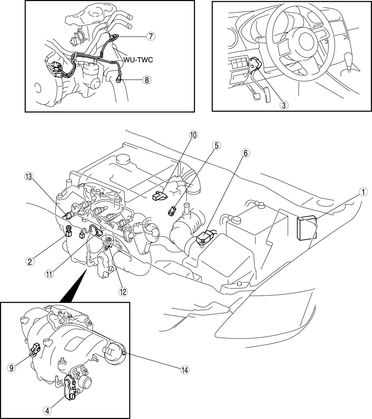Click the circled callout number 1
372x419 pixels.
pyautogui.click(x=363, y=192)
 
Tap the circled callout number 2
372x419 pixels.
pyautogui.click(x=30, y=262)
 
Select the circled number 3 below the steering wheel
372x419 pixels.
pyautogui.click(x=284, y=105)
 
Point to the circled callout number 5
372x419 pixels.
pyautogui.click(x=216, y=146)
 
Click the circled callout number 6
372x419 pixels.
pyautogui.click(x=245, y=153)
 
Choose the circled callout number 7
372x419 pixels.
pyautogui.click(x=151, y=36)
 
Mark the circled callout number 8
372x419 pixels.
pyautogui.click(x=147, y=80)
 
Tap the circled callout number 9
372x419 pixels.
pyautogui.click(x=12, y=368)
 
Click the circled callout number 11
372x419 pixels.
pyautogui.click(x=49, y=274)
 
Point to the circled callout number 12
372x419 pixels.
pyautogui.click(x=123, y=292)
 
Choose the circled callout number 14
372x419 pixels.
pyautogui.click(x=185, y=370)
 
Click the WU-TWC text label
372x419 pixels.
pyautogui.click(x=138, y=60)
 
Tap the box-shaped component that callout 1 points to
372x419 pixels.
pyautogui.click(x=307, y=228)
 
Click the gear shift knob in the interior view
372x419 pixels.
pyautogui.click(x=349, y=59)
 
